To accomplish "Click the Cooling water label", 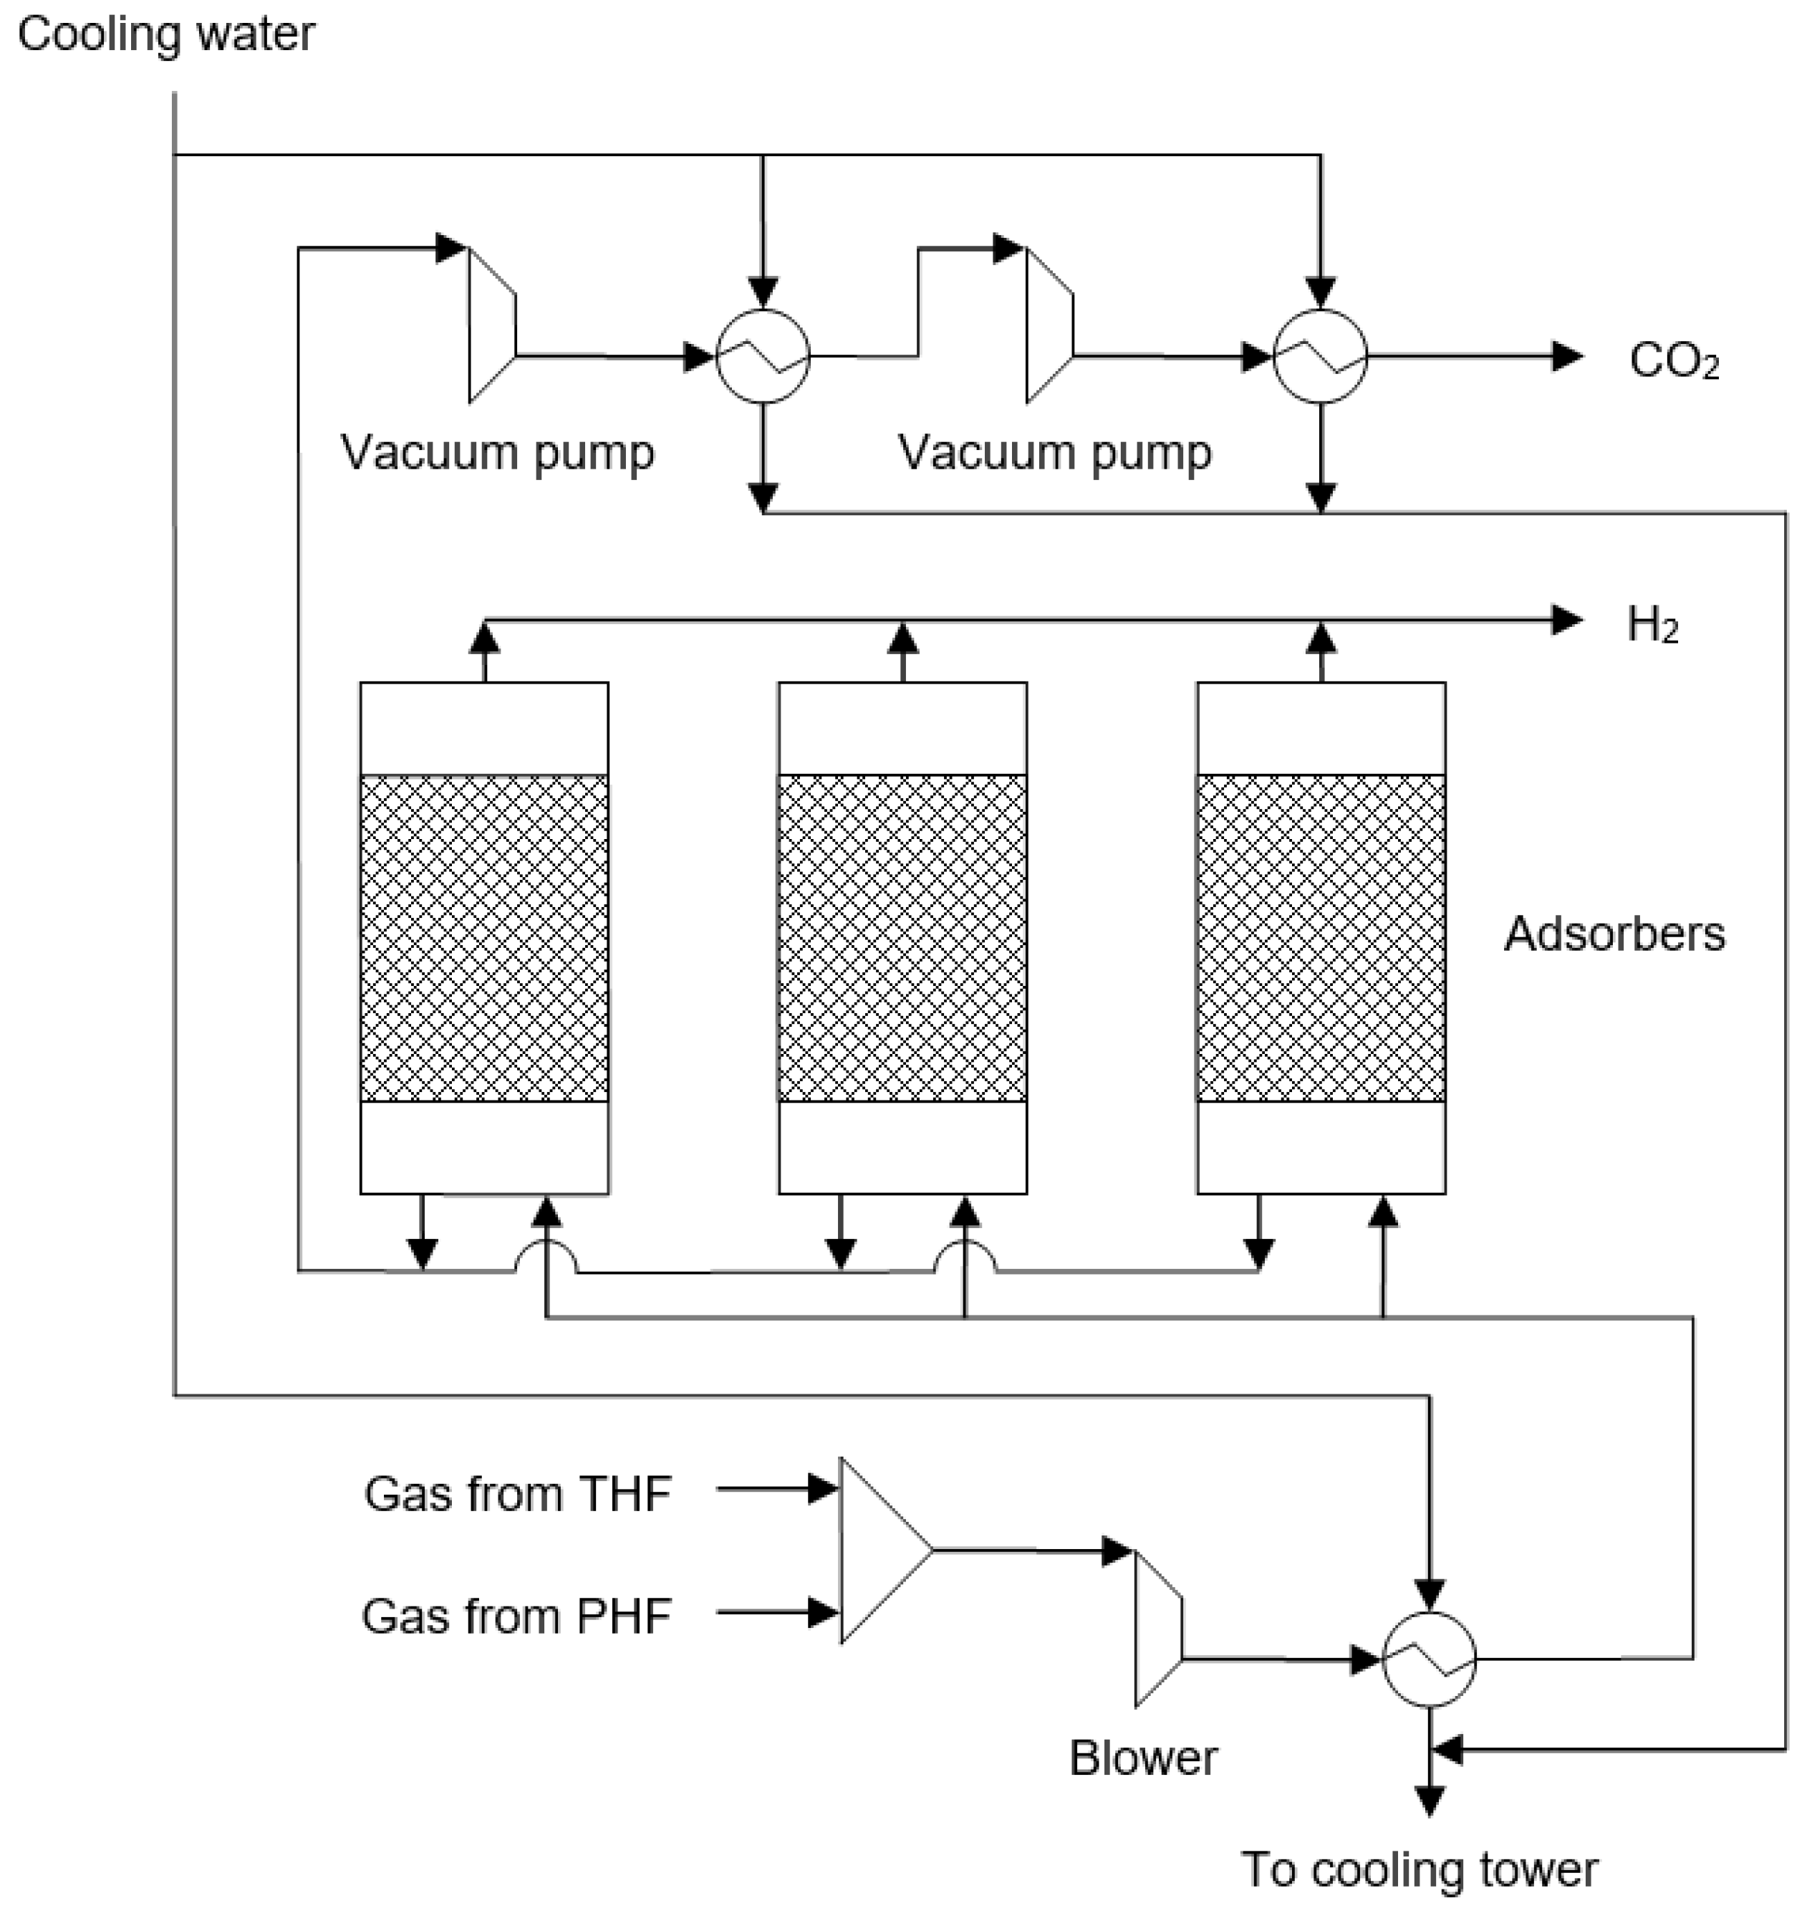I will pyautogui.click(x=167, y=35).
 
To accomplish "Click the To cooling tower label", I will pyautogui.click(x=1419, y=1870).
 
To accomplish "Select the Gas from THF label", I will pyautogui.click(x=517, y=1493).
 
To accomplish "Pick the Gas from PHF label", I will pyautogui.click(x=516, y=1616).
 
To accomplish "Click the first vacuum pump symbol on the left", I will pyautogui.click(x=491, y=325).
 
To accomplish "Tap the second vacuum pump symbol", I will pyautogui.click(x=1049, y=325).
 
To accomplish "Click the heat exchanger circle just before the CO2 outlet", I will pyautogui.click(x=1320, y=357).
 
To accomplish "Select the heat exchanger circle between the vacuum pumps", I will pyautogui.click(x=763, y=357).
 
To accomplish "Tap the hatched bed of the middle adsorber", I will pyautogui.click(x=902, y=938).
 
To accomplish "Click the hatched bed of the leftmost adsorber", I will pyautogui.click(x=484, y=938).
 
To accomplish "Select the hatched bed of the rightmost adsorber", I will pyautogui.click(x=1321, y=938).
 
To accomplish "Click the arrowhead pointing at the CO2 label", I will pyautogui.click(x=1567, y=357).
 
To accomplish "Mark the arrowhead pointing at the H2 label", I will pyautogui.click(x=1567, y=620).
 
